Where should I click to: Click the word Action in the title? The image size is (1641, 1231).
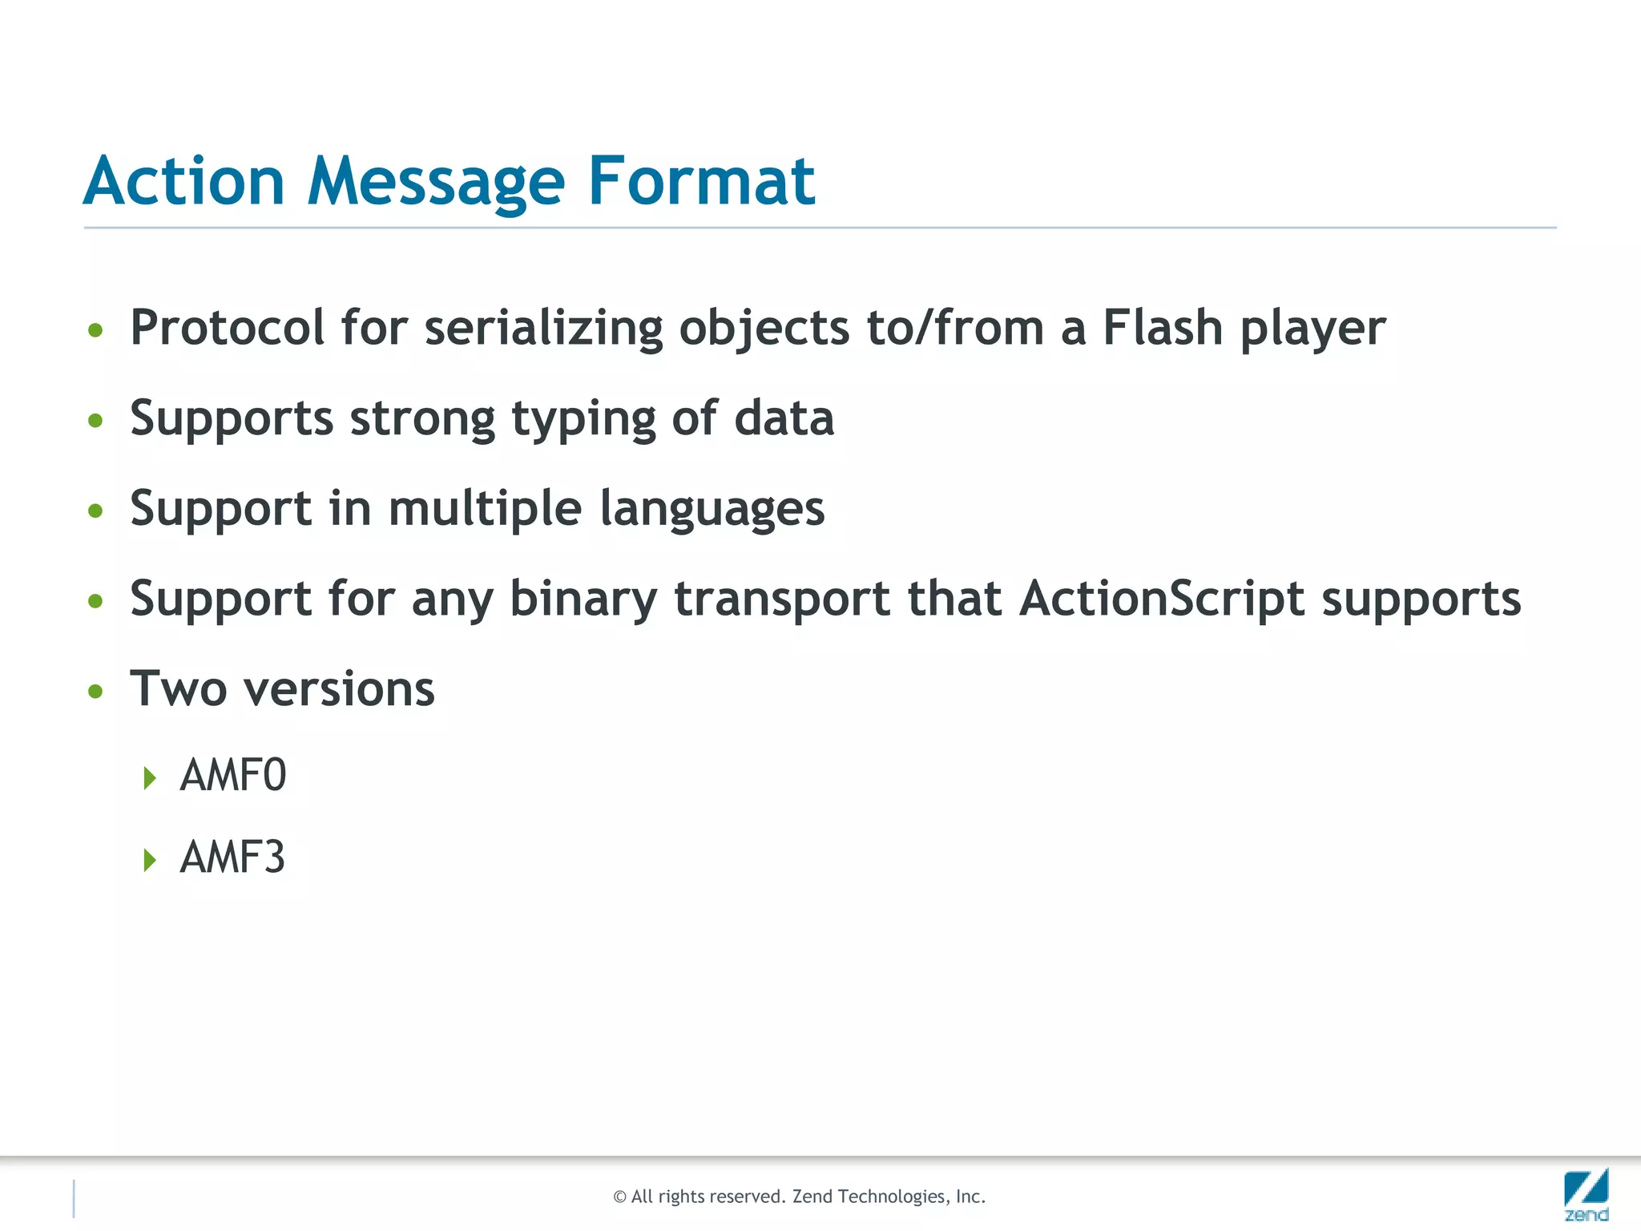click(x=184, y=181)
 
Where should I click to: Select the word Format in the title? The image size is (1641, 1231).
click(x=701, y=181)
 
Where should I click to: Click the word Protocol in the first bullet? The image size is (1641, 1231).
click(x=228, y=328)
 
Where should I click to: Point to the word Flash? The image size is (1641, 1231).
click(x=1162, y=328)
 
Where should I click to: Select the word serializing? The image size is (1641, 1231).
click(x=543, y=329)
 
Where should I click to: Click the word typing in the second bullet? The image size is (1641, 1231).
click(x=583, y=420)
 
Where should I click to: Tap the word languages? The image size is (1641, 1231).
click(x=712, y=511)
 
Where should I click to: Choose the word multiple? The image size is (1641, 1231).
click(x=484, y=511)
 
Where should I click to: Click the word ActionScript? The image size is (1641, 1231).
click(x=1162, y=599)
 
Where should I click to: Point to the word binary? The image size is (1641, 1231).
click(x=583, y=600)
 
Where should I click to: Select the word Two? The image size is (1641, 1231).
click(x=178, y=688)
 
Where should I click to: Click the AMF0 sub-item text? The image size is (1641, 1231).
click(x=232, y=775)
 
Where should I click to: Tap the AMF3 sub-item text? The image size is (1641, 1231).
click(x=232, y=858)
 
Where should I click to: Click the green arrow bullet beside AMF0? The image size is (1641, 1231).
click(x=149, y=777)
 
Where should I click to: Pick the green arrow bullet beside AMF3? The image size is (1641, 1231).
click(x=149, y=860)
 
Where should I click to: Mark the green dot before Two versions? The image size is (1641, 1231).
click(x=95, y=691)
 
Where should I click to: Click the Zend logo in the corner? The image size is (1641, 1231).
click(x=1586, y=1194)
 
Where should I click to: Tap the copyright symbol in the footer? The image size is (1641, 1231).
click(x=619, y=1197)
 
